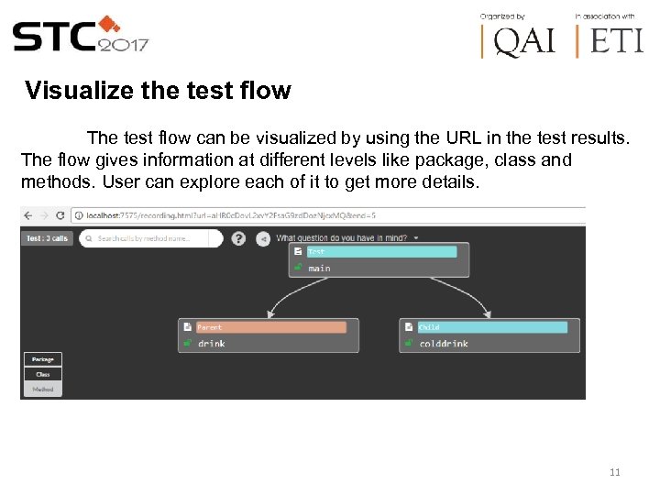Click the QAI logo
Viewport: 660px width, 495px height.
click(519, 41)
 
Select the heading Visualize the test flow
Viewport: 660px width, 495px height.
click(158, 91)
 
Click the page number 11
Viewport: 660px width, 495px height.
click(614, 472)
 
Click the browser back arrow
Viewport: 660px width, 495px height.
click(27, 215)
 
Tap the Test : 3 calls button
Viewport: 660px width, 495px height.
click(47, 238)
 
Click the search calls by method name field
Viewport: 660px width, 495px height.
click(151, 238)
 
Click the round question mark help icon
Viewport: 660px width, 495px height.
click(238, 238)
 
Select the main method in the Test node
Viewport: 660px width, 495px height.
click(319, 268)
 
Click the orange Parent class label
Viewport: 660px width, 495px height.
click(270, 327)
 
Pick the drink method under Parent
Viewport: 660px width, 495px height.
click(211, 344)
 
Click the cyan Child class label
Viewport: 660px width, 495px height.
click(491, 327)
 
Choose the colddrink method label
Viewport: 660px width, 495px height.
click(444, 344)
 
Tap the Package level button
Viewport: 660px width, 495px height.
click(43, 359)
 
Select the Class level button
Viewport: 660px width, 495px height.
click(43, 374)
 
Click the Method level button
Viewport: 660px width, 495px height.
click(43, 389)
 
